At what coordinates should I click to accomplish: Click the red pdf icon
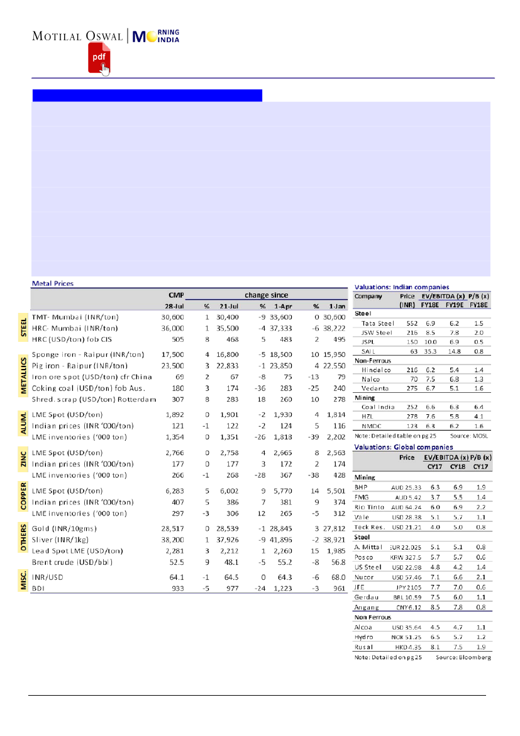pyautogui.click(x=98, y=59)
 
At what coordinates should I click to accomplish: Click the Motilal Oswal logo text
pyautogui.click(x=78, y=36)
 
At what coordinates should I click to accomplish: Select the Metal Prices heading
pyautogui.click(x=52, y=283)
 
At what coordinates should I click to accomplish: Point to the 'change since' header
pyautogui.click(x=266, y=295)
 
